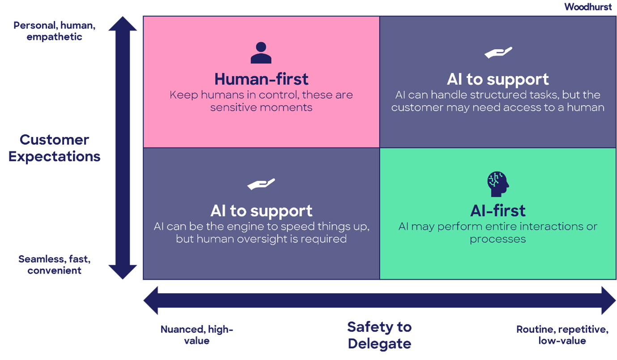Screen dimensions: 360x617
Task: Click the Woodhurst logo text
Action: click(x=587, y=7)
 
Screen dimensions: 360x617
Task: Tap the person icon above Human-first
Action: click(x=261, y=53)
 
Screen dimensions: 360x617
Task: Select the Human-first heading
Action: click(x=261, y=79)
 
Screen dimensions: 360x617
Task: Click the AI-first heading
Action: click(x=498, y=210)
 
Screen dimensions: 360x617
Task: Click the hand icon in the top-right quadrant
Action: click(x=498, y=53)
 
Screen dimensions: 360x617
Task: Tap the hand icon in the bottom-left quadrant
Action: click(x=261, y=184)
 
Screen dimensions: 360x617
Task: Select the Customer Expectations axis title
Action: click(x=55, y=148)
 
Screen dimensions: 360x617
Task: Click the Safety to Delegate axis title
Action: click(x=379, y=335)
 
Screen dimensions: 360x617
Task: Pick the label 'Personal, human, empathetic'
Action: click(x=55, y=31)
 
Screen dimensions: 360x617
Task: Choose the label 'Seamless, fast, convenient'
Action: click(x=55, y=265)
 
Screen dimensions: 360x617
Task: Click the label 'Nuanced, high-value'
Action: click(x=197, y=335)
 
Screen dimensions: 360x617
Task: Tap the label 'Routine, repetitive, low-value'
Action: click(x=562, y=335)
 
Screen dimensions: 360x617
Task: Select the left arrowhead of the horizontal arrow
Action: click(x=152, y=300)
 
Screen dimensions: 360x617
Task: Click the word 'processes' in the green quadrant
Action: click(x=498, y=239)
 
